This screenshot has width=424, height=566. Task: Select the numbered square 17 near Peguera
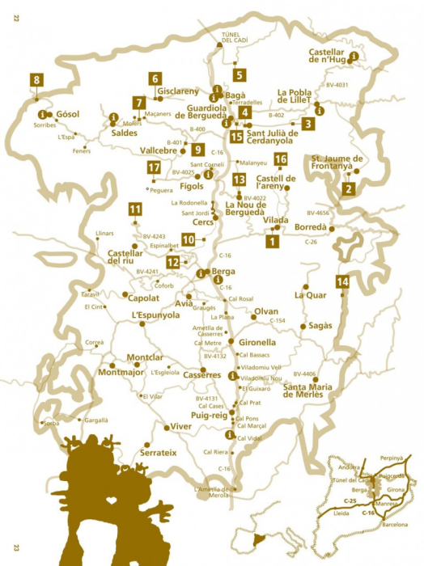pos(154,168)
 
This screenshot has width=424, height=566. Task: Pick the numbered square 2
pos(349,189)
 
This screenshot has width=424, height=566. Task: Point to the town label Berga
pos(222,272)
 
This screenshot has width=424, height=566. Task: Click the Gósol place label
pos(68,114)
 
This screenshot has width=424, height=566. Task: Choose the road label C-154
pos(277,321)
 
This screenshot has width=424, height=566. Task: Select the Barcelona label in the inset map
pos(390,524)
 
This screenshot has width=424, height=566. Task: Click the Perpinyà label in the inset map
pos(389,458)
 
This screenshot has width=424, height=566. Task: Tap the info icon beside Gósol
pos(41,114)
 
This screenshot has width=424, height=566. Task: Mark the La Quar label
pos(311,295)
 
